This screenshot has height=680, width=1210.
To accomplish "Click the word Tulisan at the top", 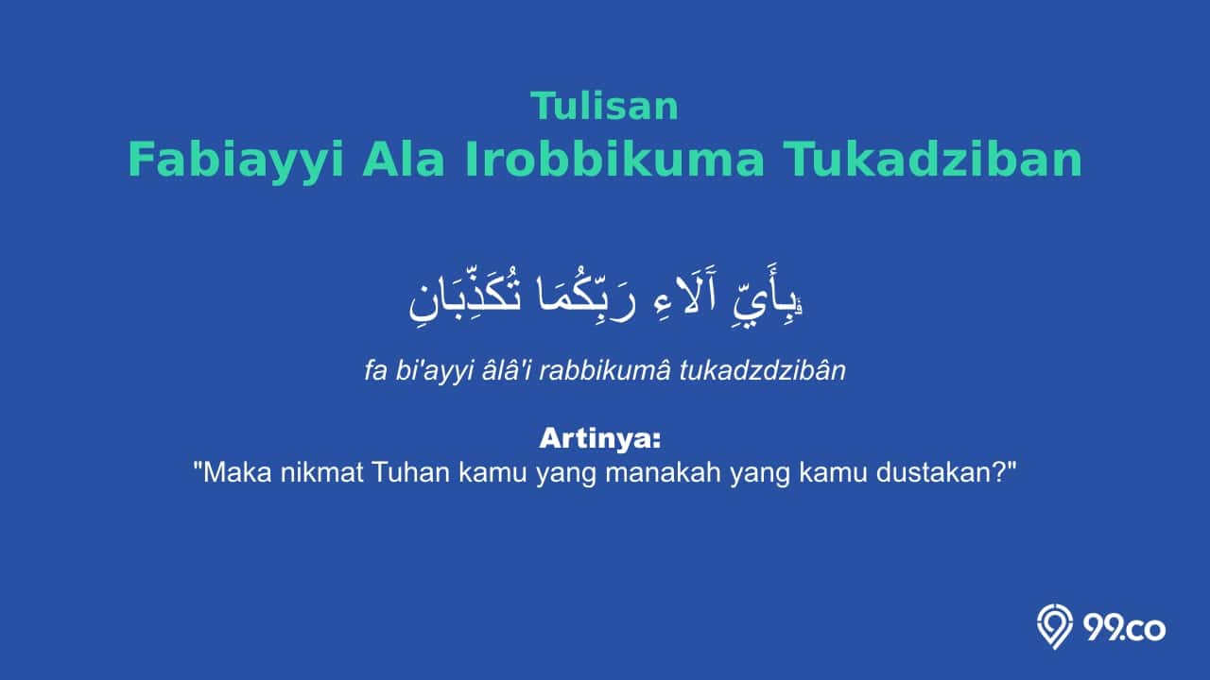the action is [605, 107].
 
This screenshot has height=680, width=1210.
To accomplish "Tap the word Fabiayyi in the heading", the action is [236, 161].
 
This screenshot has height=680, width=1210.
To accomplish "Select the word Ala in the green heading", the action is [404, 160].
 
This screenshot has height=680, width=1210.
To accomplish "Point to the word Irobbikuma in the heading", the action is [614, 160].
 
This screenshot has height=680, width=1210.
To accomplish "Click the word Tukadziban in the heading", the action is [934, 160].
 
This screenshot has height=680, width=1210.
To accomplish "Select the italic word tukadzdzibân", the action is [763, 371].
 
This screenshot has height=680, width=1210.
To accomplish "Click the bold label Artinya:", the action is [600, 439].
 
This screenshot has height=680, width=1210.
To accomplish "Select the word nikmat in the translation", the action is [321, 473].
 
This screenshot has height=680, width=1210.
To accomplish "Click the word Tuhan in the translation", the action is [411, 473].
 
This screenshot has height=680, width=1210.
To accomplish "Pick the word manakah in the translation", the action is [663, 473].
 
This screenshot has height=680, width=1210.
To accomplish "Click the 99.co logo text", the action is [1124, 629].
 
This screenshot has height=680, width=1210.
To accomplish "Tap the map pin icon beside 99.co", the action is [1054, 626].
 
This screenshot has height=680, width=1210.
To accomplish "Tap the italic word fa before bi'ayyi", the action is [375, 371].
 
